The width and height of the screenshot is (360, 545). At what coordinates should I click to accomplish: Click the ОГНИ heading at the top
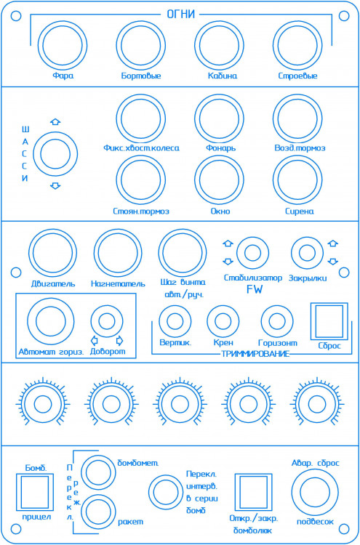(x=181, y=15)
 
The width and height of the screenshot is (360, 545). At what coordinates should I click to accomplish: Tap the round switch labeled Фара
(x=63, y=45)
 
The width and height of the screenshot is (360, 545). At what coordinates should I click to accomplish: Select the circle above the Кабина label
(x=219, y=45)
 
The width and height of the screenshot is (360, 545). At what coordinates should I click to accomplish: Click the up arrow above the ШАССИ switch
(x=55, y=121)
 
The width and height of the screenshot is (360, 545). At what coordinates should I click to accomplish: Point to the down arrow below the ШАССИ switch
(x=55, y=185)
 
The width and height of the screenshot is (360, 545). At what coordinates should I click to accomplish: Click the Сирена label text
(x=300, y=211)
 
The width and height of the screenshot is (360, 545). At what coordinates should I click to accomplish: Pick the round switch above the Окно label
(x=219, y=180)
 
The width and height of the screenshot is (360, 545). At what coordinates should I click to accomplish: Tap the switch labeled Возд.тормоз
(x=297, y=118)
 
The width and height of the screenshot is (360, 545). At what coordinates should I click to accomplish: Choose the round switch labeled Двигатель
(x=52, y=253)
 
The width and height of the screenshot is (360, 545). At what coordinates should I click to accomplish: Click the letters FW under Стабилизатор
(x=255, y=289)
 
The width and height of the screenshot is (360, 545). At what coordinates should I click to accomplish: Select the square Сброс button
(x=329, y=321)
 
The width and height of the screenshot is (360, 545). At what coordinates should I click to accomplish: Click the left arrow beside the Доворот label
(x=94, y=340)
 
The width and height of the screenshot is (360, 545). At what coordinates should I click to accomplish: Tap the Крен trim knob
(x=223, y=321)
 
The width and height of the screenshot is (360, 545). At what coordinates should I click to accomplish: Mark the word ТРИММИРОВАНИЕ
(x=255, y=354)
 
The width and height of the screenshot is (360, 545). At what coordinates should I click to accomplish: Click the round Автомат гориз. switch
(x=51, y=321)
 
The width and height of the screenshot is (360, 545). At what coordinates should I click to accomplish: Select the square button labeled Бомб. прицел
(x=35, y=492)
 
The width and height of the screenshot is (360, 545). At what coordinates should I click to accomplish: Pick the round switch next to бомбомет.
(x=100, y=472)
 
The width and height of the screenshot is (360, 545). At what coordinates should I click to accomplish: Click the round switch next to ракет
(x=100, y=513)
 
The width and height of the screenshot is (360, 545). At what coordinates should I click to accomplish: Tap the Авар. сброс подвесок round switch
(x=315, y=492)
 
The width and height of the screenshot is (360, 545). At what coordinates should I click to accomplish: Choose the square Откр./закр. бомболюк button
(x=254, y=492)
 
